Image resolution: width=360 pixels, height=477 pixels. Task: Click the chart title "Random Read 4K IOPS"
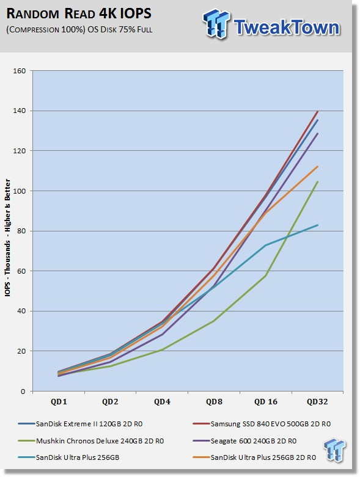point(78,13)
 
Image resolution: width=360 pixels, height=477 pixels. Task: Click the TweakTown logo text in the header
point(287,27)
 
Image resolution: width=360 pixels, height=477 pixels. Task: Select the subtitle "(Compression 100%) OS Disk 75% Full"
point(79,30)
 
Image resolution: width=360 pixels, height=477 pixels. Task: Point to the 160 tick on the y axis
point(19,71)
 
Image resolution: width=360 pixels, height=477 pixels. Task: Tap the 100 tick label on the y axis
point(19,191)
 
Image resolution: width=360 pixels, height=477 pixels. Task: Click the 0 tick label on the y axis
point(23,391)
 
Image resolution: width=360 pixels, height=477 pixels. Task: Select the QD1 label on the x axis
point(59,402)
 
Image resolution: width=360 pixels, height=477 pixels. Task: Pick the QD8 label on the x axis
point(214,402)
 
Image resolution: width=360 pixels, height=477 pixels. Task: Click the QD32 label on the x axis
point(317,402)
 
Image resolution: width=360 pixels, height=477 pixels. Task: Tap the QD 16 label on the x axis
point(266,402)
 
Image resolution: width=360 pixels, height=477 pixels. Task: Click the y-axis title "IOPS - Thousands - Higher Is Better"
point(7,238)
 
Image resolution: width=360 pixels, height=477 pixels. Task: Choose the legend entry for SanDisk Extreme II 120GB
point(80,424)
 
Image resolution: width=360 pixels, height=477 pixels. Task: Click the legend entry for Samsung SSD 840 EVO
point(262,424)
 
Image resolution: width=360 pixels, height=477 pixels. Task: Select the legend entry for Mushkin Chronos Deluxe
point(90,441)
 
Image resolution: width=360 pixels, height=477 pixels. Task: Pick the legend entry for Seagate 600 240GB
point(244,441)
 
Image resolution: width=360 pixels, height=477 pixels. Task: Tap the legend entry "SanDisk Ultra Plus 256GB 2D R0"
point(254,457)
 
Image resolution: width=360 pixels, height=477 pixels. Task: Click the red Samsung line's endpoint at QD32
point(318,111)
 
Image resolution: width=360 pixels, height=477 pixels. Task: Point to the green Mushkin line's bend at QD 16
point(266,275)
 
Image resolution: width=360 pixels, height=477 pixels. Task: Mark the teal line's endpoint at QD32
point(318,225)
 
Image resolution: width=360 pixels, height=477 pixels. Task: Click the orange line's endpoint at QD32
point(318,166)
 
